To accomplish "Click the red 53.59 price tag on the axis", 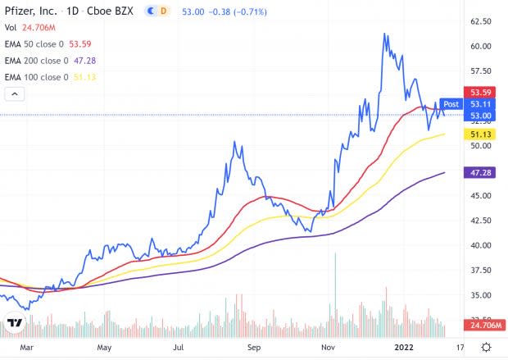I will click(x=477, y=93).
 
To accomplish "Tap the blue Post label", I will click(x=451, y=104).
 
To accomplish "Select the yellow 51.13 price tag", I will click(x=477, y=134).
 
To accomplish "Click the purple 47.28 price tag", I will click(x=477, y=173).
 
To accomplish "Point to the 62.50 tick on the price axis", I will click(x=480, y=21).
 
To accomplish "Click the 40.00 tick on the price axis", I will click(x=480, y=245).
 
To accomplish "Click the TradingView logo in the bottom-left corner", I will click(x=13, y=323).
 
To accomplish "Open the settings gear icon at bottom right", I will click(x=487, y=347).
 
